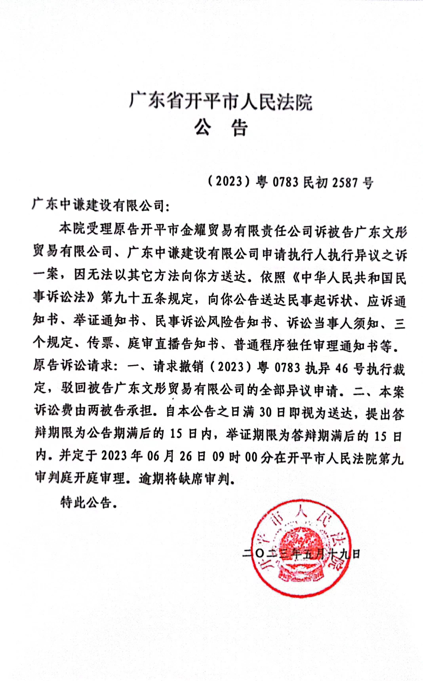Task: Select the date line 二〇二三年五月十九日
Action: [x=301, y=554]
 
